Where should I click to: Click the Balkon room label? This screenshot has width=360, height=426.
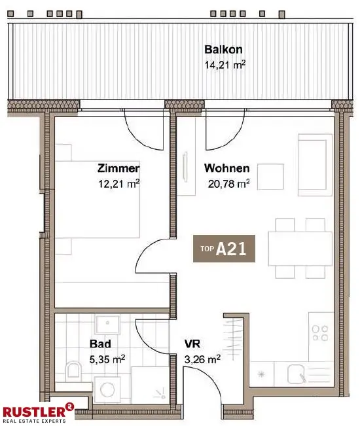(224, 50)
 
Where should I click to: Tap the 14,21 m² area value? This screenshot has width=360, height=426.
(225, 65)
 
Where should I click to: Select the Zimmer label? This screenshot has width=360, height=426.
(118, 168)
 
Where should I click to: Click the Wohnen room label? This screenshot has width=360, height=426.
(226, 168)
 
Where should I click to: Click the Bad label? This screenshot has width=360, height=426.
(100, 343)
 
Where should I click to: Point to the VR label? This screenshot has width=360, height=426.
(192, 343)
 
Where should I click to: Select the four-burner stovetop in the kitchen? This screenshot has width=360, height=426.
(321, 333)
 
